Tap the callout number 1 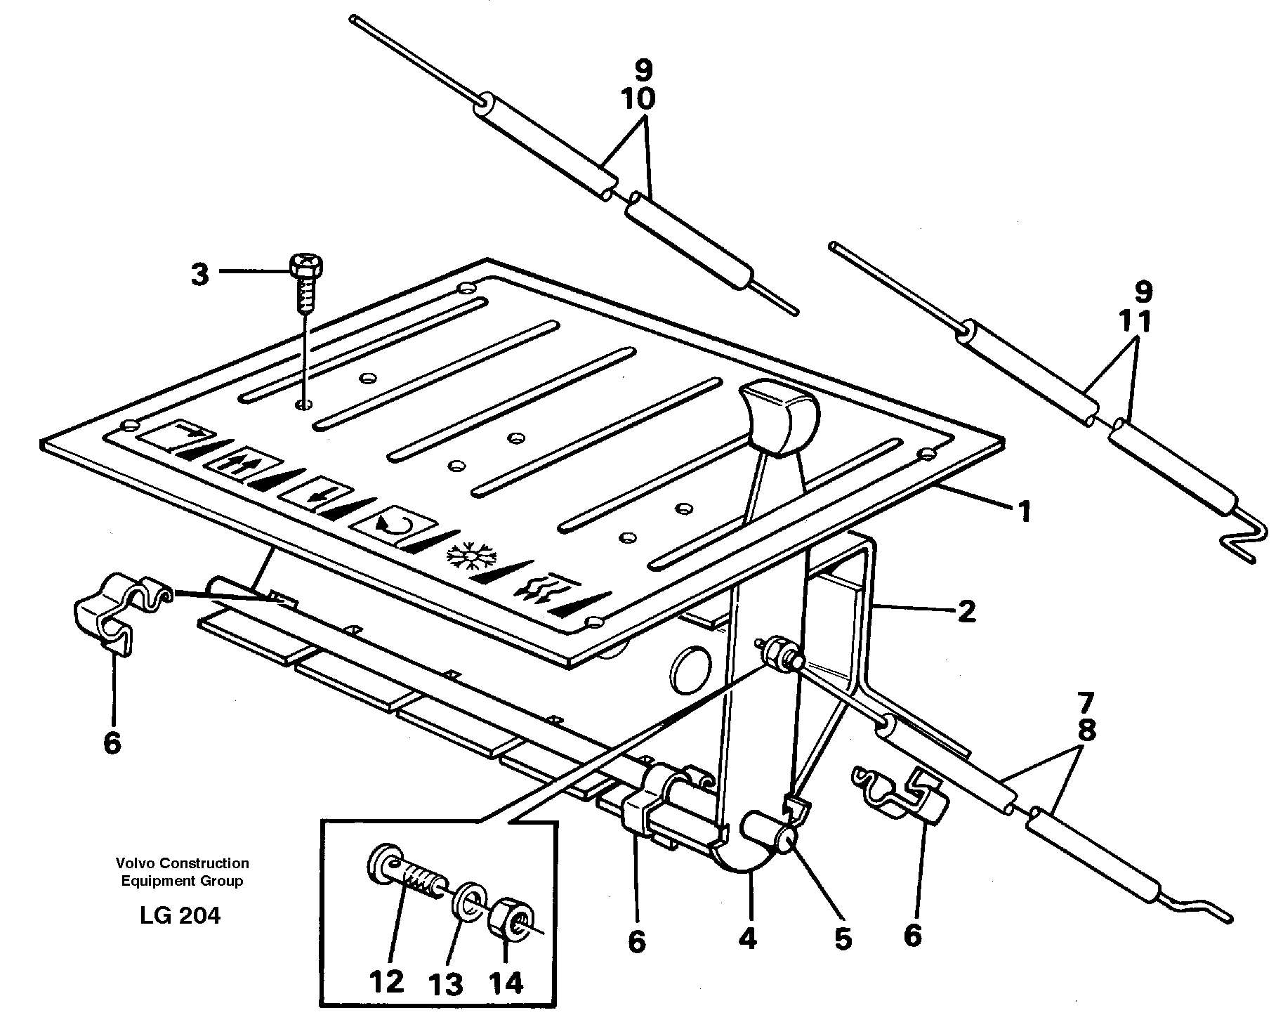pos(1025,512)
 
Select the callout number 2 pos(966,611)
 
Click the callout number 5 pos(843,938)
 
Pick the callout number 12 pos(386,982)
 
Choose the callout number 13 pos(447,986)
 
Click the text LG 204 pos(180,917)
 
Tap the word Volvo pos(136,863)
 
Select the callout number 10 pos(638,99)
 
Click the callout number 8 pos(1086,731)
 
